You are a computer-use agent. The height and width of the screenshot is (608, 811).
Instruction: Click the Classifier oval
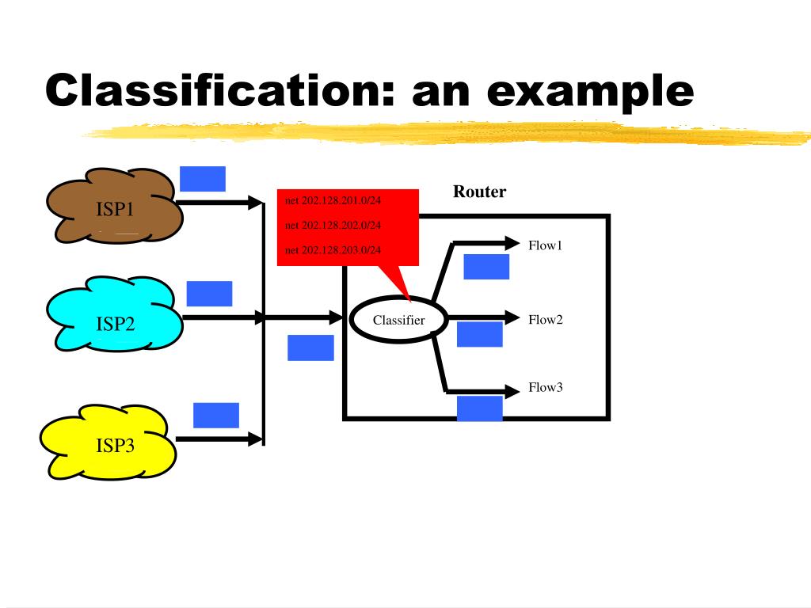coord(399,320)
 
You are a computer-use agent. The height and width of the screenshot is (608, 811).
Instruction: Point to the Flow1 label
coord(545,245)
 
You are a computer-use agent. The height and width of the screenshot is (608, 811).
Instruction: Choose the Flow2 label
coord(545,320)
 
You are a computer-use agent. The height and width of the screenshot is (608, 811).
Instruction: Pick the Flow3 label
coord(545,388)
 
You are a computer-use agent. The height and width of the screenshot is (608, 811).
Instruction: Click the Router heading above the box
coord(479,192)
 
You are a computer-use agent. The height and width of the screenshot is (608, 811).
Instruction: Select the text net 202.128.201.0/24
coord(333,200)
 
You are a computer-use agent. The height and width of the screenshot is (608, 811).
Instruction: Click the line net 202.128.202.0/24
coord(333,226)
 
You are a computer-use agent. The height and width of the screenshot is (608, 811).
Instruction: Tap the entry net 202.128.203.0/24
coord(333,250)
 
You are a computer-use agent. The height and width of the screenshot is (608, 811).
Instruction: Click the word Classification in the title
coord(213,91)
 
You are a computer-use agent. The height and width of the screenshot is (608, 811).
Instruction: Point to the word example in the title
coord(590,91)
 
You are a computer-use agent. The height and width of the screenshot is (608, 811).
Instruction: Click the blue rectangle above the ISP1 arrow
coord(203,179)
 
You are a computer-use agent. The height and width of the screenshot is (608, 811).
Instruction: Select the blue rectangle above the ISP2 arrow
coord(209,294)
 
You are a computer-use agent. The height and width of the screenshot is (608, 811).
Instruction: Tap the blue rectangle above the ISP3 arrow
coord(216,415)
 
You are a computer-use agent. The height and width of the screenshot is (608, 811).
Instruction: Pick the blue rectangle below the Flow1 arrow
coord(486,267)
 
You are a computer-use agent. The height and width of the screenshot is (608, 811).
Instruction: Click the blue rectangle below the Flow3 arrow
coord(480,408)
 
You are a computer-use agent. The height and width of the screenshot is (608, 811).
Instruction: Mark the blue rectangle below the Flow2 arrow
coord(480,334)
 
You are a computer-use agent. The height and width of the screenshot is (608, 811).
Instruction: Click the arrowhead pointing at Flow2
coord(512,319)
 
